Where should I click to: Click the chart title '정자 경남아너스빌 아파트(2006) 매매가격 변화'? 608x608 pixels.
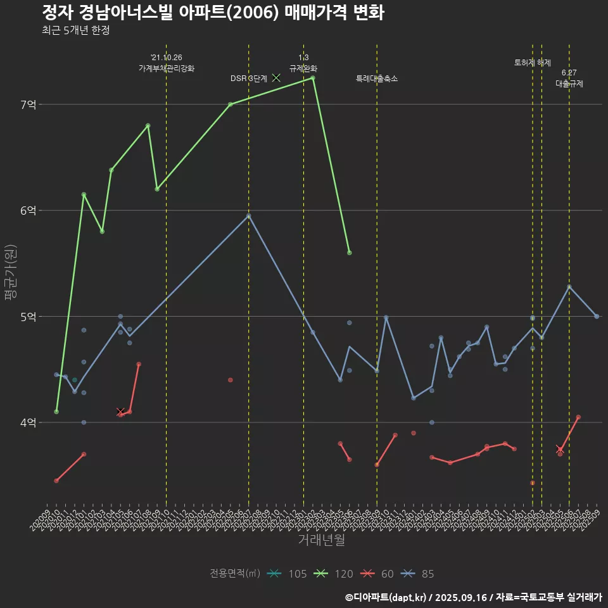[213, 13]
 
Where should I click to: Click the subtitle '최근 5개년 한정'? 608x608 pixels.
[76, 30]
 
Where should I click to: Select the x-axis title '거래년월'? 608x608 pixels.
[321, 540]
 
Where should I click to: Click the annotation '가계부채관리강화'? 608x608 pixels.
[167, 68]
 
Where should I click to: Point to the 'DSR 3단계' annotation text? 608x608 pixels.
[249, 79]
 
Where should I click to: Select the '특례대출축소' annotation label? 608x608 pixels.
[377, 79]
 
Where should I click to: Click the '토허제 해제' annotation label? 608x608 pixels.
[533, 63]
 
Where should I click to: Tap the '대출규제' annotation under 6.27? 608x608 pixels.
[569, 84]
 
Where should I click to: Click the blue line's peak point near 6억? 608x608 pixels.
[249, 216]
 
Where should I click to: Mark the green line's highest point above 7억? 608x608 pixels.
[313, 78]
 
